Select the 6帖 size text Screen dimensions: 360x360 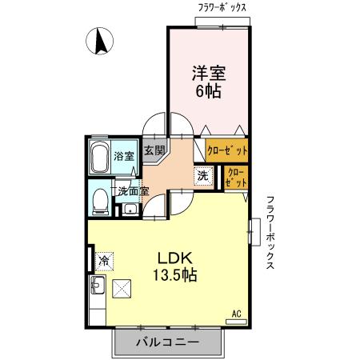208,92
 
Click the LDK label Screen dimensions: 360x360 170,258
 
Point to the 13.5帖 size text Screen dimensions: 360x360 171,275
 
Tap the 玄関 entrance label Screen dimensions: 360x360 154,150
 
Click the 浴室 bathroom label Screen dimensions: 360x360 123,155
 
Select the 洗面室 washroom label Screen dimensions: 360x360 132,191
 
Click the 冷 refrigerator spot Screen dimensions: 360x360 104,259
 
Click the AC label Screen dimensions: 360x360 236,313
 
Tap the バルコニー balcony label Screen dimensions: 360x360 166,342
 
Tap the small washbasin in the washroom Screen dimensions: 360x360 130,210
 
